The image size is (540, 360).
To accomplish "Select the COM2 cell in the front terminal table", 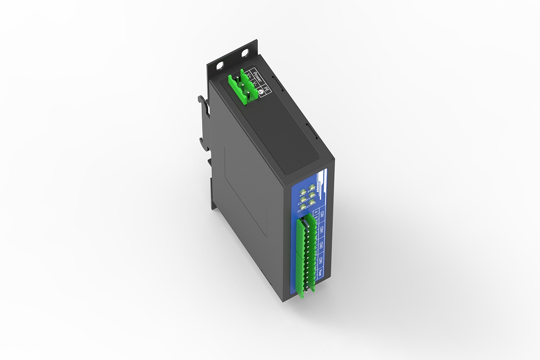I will [321, 246].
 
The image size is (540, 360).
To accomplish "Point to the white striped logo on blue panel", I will [319, 182].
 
